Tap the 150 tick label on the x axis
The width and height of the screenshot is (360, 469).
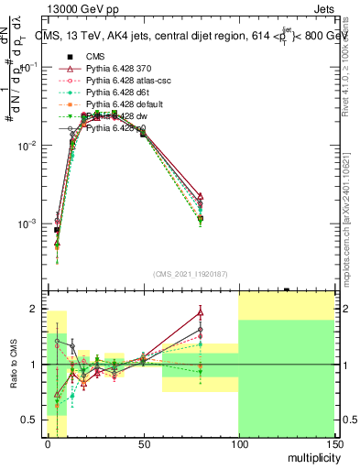333,443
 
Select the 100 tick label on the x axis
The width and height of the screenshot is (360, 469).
238,443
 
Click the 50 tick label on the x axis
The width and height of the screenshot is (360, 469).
143,443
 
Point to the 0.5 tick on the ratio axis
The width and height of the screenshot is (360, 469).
31,420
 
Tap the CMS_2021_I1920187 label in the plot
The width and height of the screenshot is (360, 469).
191,274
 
